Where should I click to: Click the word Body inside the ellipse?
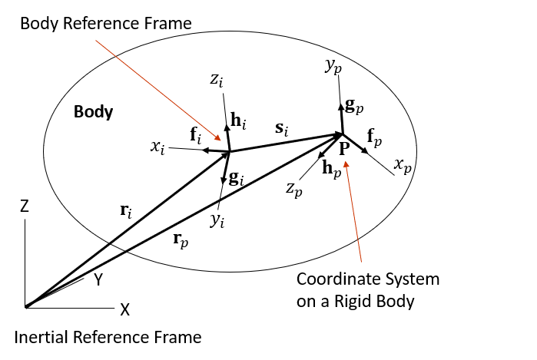click(x=94, y=112)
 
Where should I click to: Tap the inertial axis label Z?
click(x=25, y=206)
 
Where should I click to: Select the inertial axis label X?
click(x=124, y=309)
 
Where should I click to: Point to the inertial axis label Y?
click(x=98, y=280)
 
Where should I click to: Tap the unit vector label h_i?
click(x=239, y=121)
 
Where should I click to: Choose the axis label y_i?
click(x=219, y=220)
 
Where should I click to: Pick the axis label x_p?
click(x=403, y=166)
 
